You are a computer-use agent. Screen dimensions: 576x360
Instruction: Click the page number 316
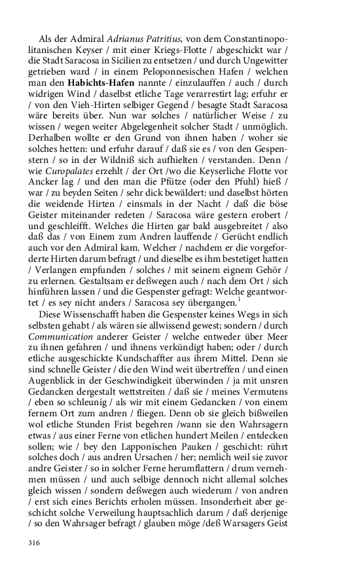35,543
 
